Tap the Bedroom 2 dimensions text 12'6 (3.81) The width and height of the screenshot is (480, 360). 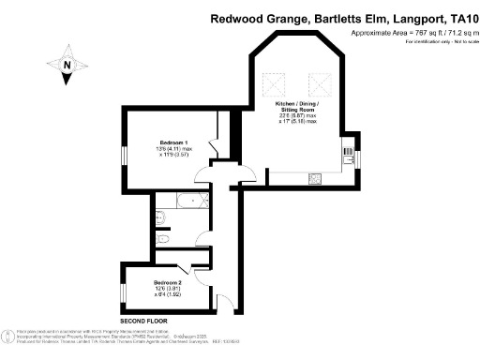[168, 289]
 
